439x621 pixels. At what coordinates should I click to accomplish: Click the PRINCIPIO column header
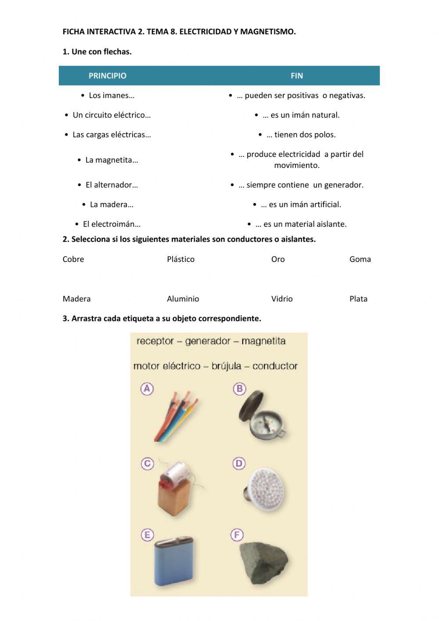(x=107, y=76)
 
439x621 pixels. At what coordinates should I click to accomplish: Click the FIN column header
(x=297, y=76)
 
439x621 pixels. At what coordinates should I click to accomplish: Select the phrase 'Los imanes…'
(x=112, y=95)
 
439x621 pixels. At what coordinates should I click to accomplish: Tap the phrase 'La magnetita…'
(x=112, y=160)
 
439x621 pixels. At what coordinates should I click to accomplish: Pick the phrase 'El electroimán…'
(x=112, y=224)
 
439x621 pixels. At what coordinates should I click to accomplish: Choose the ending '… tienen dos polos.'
(x=301, y=134)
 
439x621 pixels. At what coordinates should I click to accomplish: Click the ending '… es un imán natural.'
(x=301, y=115)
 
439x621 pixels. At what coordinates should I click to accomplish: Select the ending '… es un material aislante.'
(x=301, y=224)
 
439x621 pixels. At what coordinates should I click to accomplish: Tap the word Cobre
(x=73, y=259)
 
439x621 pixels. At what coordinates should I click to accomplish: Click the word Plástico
(x=180, y=259)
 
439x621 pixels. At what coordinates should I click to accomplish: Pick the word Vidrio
(x=282, y=299)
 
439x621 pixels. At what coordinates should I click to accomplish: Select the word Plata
(x=358, y=299)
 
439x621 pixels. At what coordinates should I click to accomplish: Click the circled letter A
(x=147, y=389)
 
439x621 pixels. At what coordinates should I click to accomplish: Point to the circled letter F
(x=237, y=535)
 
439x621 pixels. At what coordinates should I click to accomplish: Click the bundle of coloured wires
(x=176, y=418)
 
